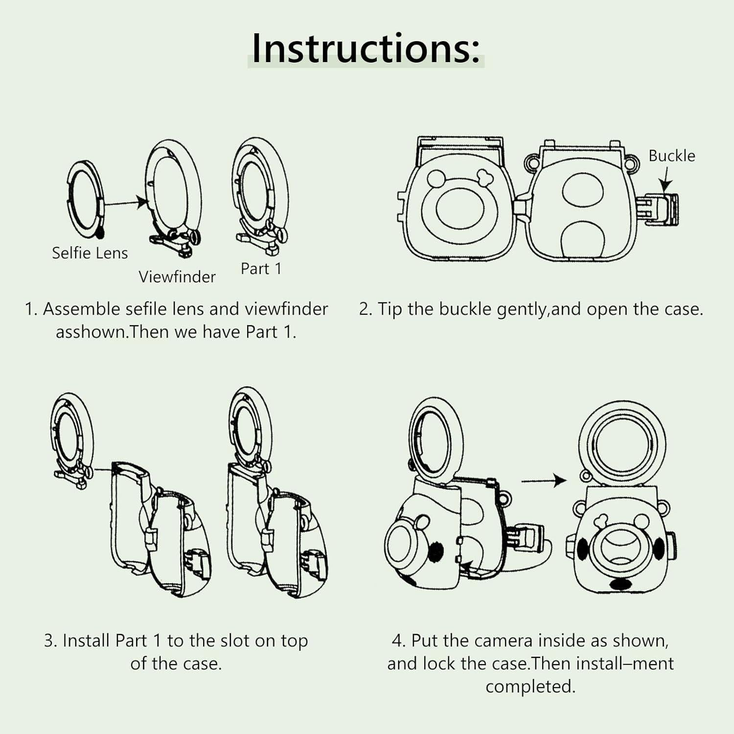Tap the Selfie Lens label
[90, 253]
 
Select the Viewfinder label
[177, 277]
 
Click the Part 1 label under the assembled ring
[261, 269]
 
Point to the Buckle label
[672, 156]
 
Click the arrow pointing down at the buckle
[665, 179]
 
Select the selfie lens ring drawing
[85, 198]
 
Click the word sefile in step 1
[147, 309]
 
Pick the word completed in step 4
[530, 687]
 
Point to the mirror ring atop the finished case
[622, 444]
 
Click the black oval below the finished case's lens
[621, 584]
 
